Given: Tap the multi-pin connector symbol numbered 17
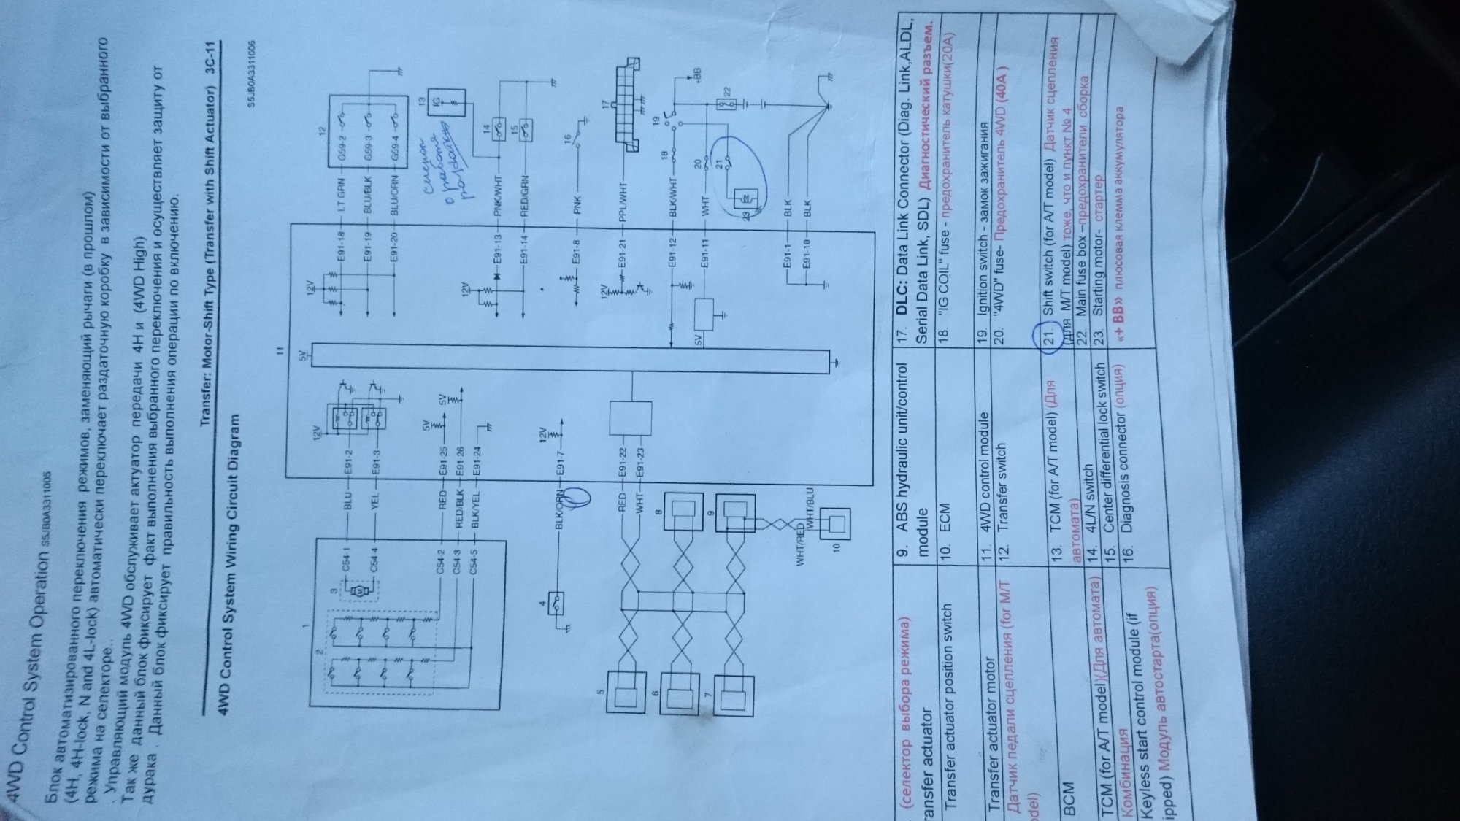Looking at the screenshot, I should [x=625, y=109].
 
